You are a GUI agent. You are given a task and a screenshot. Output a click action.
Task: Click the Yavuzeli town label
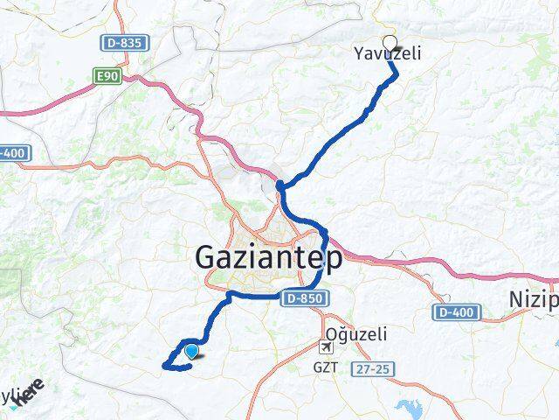387,54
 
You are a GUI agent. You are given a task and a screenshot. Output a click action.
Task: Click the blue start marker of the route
191,352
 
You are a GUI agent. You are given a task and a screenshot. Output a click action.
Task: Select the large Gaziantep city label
268,258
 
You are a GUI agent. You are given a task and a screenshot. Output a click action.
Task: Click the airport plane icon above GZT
327,349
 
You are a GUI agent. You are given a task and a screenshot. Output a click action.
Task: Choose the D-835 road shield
125,42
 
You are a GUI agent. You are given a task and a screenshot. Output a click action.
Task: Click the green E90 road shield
107,77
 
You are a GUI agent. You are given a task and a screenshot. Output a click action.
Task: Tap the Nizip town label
533,301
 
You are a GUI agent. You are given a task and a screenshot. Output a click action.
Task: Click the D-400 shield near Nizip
454,312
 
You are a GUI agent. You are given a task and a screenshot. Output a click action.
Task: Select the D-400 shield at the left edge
14,153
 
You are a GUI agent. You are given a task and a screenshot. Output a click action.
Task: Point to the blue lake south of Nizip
411,408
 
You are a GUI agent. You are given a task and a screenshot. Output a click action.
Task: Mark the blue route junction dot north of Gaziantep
280,185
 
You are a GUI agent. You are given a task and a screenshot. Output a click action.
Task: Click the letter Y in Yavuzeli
358,54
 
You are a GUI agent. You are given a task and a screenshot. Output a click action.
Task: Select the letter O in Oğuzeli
331,334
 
